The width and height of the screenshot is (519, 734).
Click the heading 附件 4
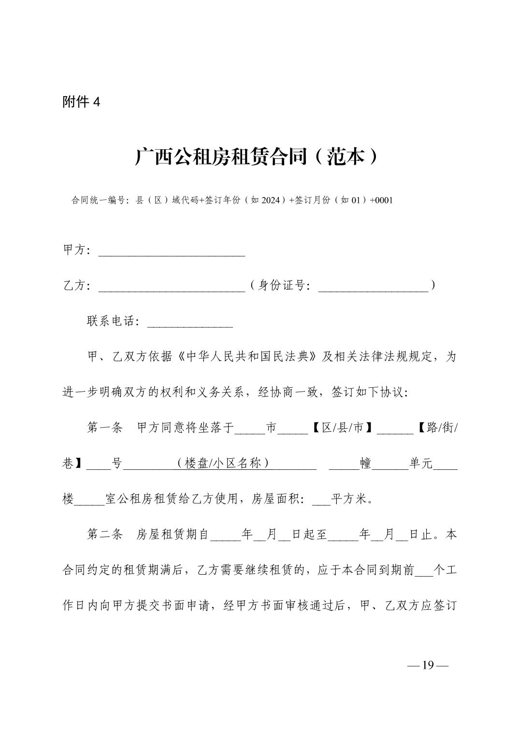(x=81, y=102)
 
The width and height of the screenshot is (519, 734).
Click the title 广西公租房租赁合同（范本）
(x=256, y=156)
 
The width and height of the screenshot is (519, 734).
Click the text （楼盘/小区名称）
(x=223, y=464)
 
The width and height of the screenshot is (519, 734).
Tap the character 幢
(x=366, y=464)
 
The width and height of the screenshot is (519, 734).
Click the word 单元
(x=421, y=464)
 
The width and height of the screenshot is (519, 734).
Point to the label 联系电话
(x=112, y=322)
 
